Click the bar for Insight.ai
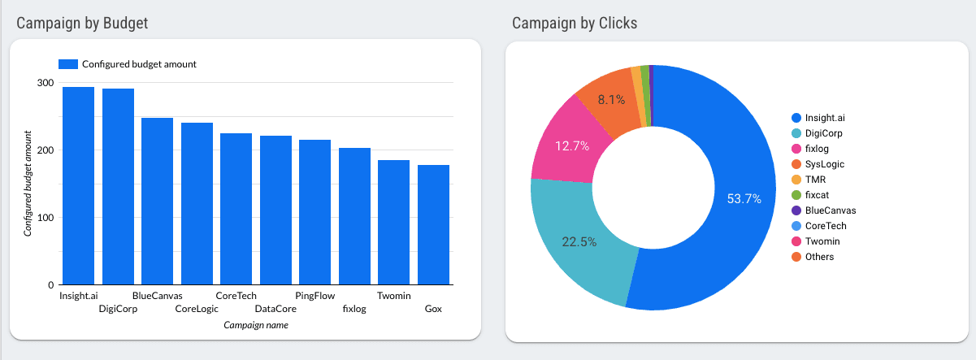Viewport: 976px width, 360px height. (x=78, y=186)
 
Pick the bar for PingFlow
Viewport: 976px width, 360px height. (x=314, y=212)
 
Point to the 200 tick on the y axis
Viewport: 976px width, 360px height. (x=45, y=150)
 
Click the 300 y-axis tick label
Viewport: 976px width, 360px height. (x=45, y=83)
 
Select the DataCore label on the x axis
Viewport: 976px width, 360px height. (x=275, y=309)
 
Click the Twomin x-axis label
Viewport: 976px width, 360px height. (x=393, y=296)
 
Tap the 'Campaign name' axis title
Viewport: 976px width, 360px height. (x=255, y=325)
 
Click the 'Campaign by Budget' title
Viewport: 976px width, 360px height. (x=81, y=24)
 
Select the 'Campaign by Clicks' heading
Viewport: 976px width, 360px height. (x=575, y=24)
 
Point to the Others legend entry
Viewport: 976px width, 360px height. (x=819, y=257)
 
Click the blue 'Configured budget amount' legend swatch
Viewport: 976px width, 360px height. (x=68, y=64)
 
